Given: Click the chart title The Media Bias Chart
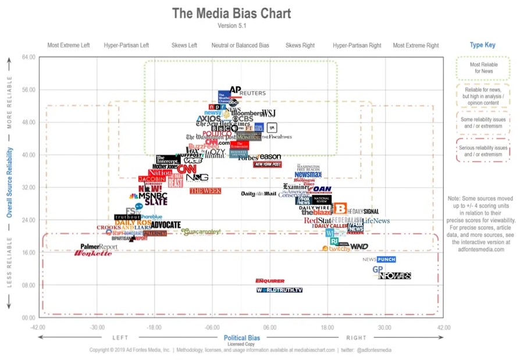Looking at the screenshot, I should pyautogui.click(x=231, y=13).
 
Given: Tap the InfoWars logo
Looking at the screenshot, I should pyautogui.click(x=395, y=276).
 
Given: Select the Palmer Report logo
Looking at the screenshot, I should pyautogui.click(x=99, y=247).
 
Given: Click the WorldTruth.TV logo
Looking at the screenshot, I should pyautogui.click(x=280, y=290).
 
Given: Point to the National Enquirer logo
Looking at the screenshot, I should pyautogui.click(x=270, y=281).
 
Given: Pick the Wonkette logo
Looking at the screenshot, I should pyautogui.click(x=92, y=253).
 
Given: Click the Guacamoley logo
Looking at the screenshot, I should pyautogui.click(x=201, y=231).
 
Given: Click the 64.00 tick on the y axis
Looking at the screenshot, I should pyautogui.click(x=28, y=57).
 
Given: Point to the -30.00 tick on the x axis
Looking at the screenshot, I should pyautogui.click(x=97, y=327).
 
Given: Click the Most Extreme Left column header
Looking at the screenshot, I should pyautogui.click(x=69, y=45).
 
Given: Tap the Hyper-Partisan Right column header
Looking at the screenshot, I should pyautogui.click(x=357, y=45).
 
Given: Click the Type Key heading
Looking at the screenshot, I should pyautogui.click(x=482, y=45).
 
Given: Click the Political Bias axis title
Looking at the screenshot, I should pyautogui.click(x=242, y=338).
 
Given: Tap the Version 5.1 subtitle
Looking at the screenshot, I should pyautogui.click(x=231, y=26).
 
